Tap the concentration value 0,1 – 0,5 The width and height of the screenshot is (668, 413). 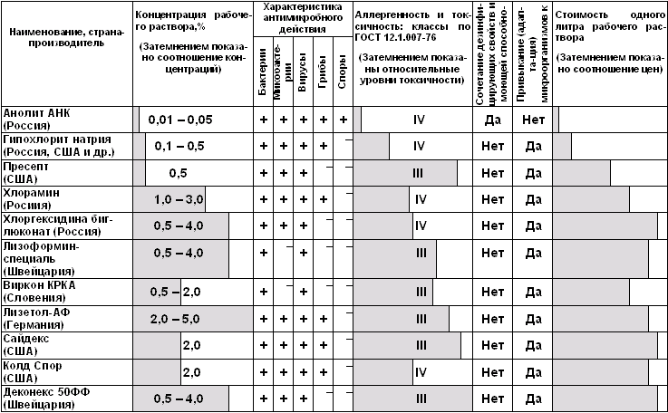tap(179, 146)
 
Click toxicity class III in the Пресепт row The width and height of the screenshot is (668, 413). tap(418, 173)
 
